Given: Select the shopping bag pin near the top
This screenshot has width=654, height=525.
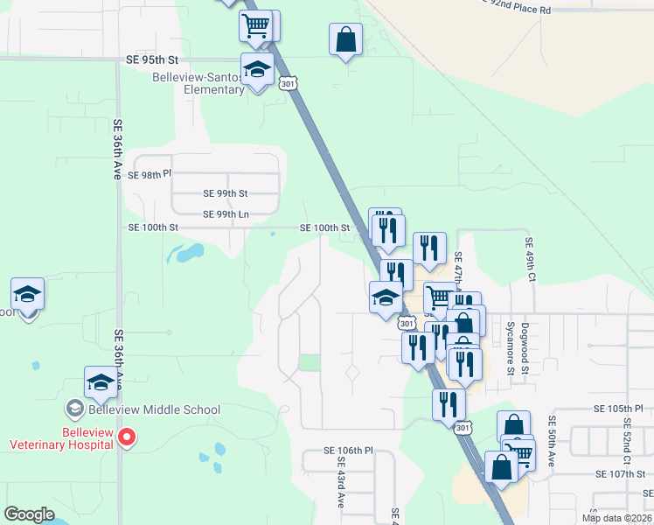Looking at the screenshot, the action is (345, 40).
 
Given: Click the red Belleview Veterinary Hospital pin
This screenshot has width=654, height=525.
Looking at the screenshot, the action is (128, 436).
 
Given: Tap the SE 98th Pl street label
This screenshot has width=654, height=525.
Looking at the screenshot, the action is (145, 175).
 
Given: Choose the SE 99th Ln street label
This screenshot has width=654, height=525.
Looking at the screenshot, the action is (226, 214).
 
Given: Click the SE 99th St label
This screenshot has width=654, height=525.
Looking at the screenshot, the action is (226, 193).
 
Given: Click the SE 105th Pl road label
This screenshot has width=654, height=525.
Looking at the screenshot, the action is (618, 409).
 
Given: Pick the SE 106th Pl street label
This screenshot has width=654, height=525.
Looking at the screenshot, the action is (348, 451).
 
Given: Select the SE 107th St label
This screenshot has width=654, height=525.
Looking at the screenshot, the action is (619, 473).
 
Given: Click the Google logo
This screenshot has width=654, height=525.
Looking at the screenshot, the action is (29, 514).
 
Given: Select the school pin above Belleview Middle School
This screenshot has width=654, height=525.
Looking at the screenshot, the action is (101, 383).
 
